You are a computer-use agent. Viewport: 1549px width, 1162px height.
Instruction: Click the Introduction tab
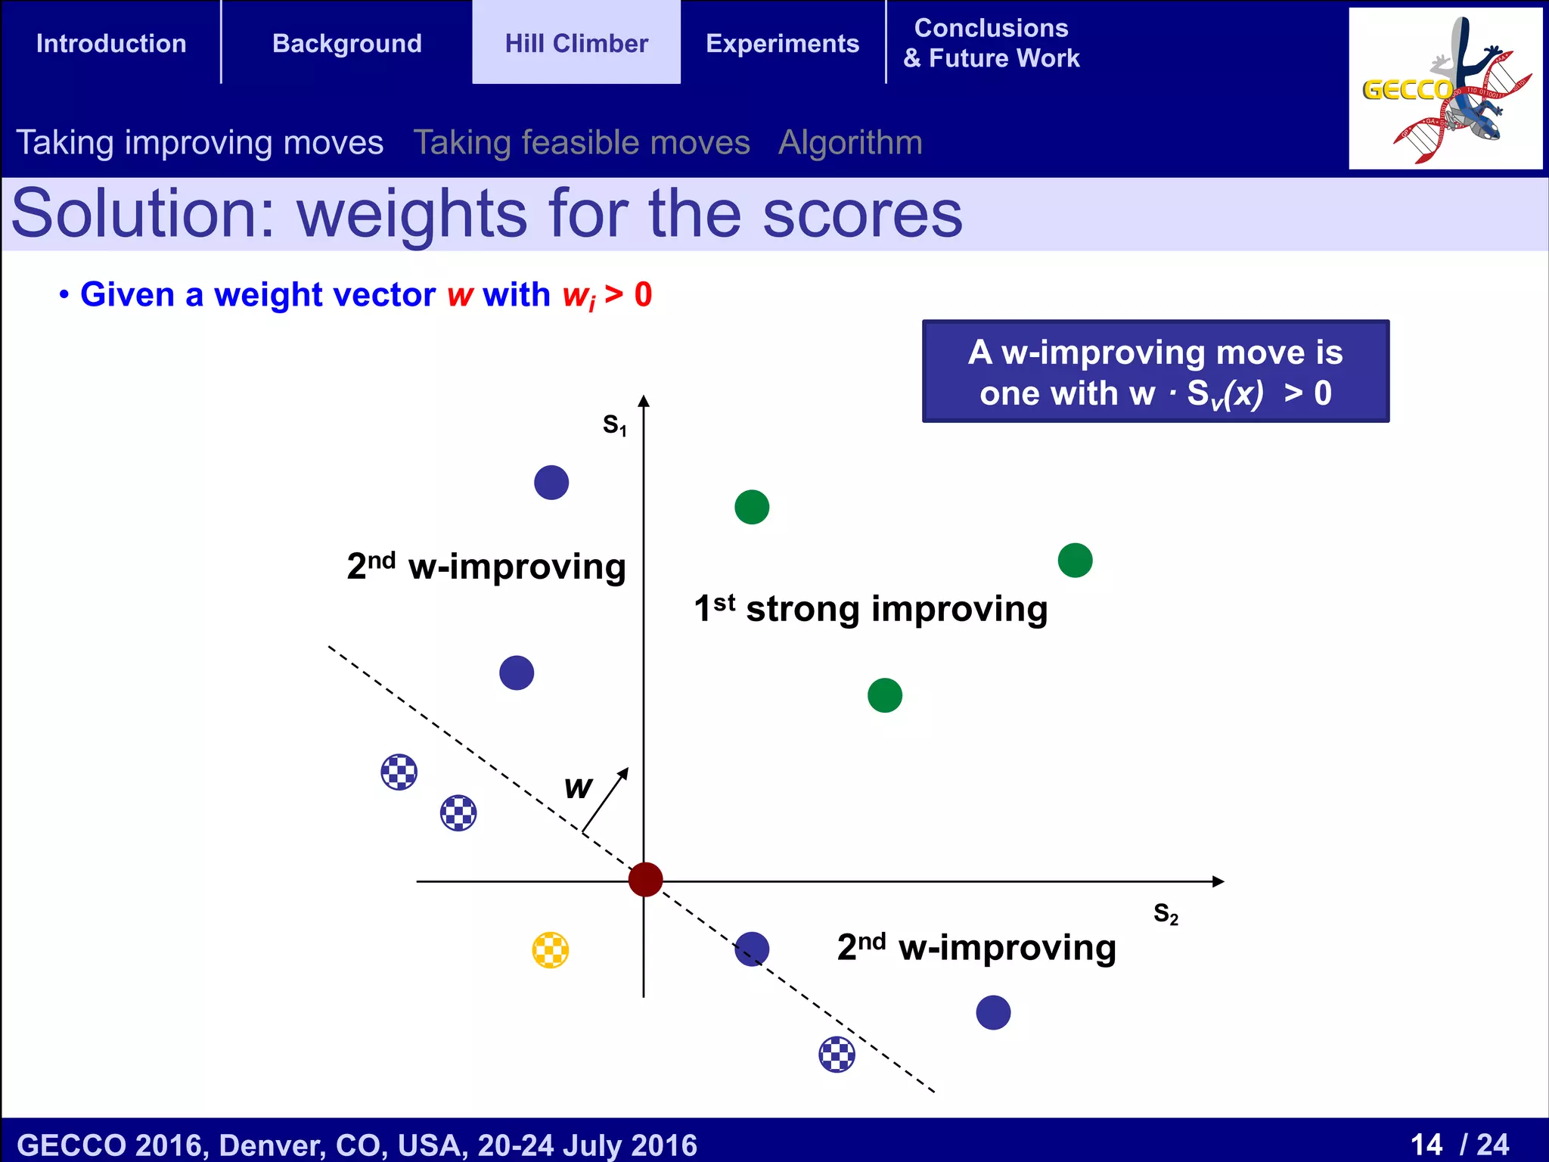tap(111, 43)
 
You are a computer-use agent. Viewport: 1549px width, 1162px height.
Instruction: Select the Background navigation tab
tap(347, 43)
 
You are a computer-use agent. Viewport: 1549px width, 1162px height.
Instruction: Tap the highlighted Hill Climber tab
tap(576, 43)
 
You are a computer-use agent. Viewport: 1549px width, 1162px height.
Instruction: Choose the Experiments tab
tap(782, 43)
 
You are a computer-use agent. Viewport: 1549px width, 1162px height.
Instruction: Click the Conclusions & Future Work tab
tap(991, 43)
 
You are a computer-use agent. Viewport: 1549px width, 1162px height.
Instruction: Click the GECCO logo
tap(1445, 89)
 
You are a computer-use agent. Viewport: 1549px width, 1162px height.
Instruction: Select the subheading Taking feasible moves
tap(582, 142)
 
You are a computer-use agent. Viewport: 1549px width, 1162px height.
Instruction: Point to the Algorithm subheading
tap(850, 142)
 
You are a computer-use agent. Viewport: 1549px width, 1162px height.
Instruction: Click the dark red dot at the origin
tap(645, 880)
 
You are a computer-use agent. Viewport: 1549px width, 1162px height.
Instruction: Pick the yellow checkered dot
tap(551, 950)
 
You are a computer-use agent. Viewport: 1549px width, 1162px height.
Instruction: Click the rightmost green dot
tap(1075, 561)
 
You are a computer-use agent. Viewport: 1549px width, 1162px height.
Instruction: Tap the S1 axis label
tap(614, 425)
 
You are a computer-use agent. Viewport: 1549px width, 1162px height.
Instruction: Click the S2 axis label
tap(1166, 914)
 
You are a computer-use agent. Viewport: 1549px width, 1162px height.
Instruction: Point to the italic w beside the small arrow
tap(579, 788)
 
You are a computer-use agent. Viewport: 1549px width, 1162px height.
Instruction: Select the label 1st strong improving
tap(871, 608)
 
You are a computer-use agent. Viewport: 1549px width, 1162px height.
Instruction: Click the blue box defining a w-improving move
tap(1155, 371)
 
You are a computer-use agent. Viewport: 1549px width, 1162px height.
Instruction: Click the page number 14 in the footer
tap(1426, 1144)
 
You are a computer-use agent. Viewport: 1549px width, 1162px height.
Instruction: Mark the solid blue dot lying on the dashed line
tap(752, 949)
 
